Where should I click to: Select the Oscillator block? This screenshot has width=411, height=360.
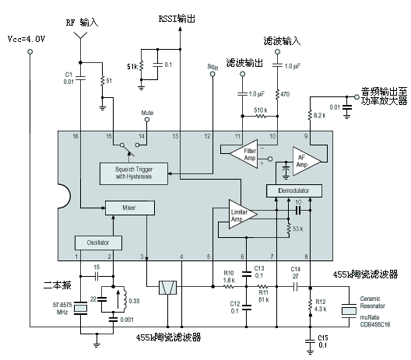click(98, 242)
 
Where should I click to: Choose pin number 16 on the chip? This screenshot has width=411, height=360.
click(76, 136)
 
